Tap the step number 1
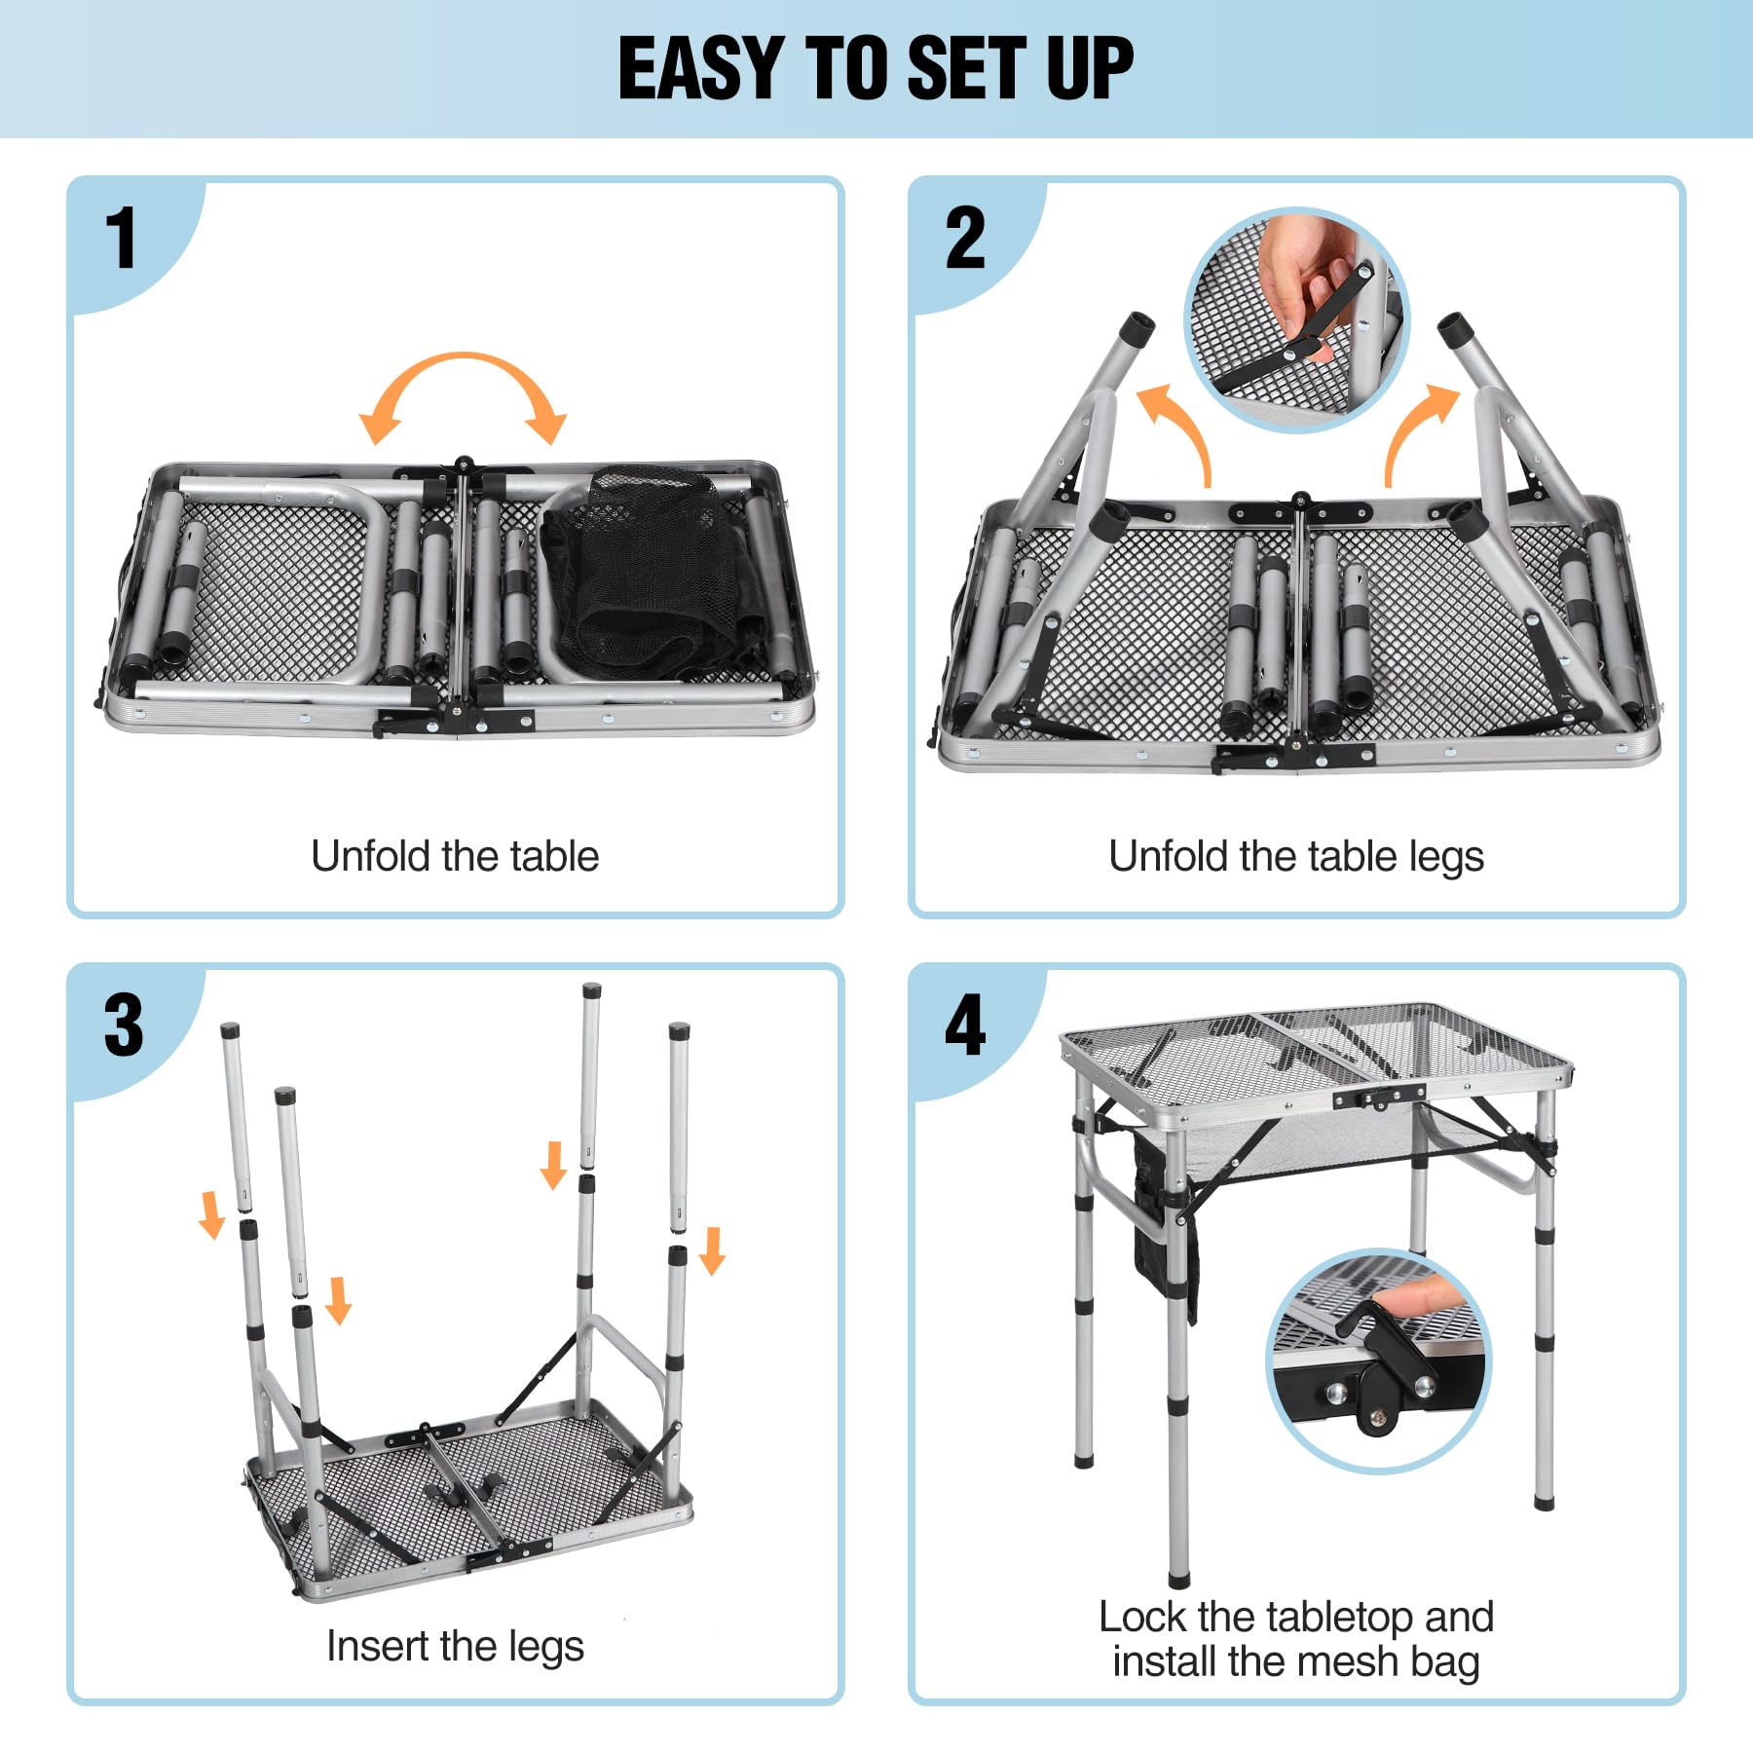coord(121,239)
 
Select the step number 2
coord(965,239)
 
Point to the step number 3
coord(124,1025)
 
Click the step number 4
coord(965,1025)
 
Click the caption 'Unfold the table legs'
coord(1295,857)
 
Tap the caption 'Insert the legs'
coord(455,1646)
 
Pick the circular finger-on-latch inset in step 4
coord(1378,1361)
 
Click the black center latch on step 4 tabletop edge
coord(1378,1099)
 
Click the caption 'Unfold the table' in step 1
coord(455,857)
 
